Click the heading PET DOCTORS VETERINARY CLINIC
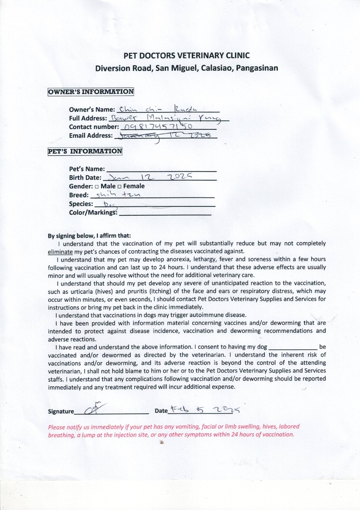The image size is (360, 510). pyautogui.click(x=187, y=55)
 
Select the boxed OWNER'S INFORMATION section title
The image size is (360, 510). pyautogui.click(x=91, y=92)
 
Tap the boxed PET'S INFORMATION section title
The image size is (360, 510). pyautogui.click(x=85, y=152)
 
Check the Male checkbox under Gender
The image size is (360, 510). pyautogui.click(x=96, y=187)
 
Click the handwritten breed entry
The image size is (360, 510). pyautogui.click(x=113, y=194)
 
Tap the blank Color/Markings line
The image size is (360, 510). pyautogui.click(x=165, y=213)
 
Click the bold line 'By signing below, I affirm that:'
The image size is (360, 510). pyautogui.click(x=89, y=236)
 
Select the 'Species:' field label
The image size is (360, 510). pyautogui.click(x=81, y=204)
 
